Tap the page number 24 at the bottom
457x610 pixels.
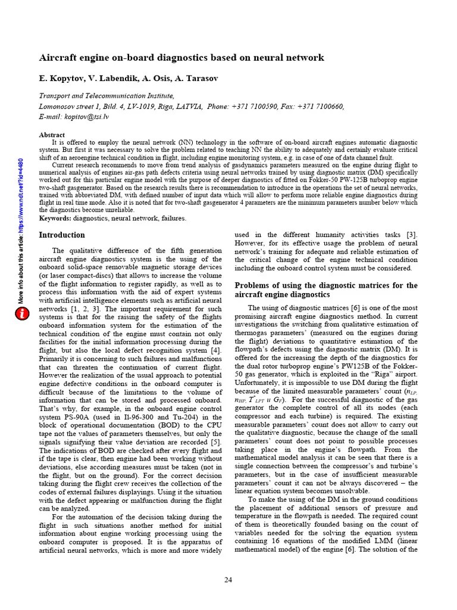(x=228, y=580)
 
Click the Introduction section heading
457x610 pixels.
(x=62, y=235)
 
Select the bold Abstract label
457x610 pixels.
(x=52, y=135)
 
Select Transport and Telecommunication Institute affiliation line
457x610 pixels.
(x=107, y=95)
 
